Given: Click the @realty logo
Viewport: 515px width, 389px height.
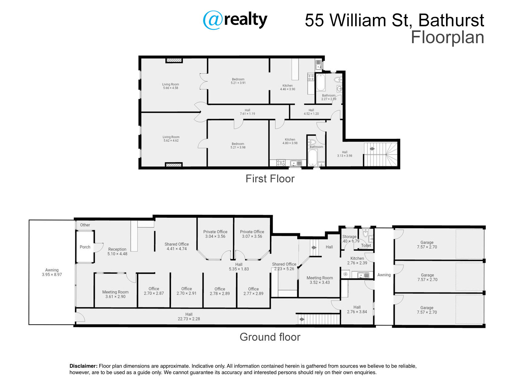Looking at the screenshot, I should point(235,20).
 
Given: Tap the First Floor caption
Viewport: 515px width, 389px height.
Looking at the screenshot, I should point(270,179).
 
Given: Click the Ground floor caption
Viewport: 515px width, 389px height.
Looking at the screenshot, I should point(270,337).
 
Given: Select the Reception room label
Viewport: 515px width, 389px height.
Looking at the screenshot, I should point(117,251).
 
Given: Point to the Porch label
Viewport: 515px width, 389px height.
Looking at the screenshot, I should point(85,247).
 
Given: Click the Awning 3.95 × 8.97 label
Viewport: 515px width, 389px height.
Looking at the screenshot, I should point(52,272).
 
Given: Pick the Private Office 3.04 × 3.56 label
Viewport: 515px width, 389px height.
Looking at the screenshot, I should point(215,234).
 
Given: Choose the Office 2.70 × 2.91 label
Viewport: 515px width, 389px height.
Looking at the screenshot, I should point(186,291).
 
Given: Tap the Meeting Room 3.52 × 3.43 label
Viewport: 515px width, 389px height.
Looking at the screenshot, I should point(319,280).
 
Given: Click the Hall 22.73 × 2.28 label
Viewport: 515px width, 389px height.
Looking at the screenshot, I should point(189,317).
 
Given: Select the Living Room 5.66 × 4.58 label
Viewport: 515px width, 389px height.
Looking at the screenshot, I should point(171,86).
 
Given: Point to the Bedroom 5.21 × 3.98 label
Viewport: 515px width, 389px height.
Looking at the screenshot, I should point(238,146).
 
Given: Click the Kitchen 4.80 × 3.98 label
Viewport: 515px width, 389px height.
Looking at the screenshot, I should point(290,141).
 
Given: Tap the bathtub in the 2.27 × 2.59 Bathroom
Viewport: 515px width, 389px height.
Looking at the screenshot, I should point(321,83).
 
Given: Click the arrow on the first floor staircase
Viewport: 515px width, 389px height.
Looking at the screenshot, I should point(372,149).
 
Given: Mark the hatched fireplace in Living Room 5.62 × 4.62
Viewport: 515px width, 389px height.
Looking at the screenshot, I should point(174,165).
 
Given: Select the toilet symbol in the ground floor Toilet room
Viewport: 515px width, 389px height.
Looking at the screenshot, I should point(366,234).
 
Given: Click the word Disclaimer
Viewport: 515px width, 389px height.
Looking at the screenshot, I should point(83,366).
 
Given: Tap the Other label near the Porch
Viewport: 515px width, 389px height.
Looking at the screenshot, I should point(85,225).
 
